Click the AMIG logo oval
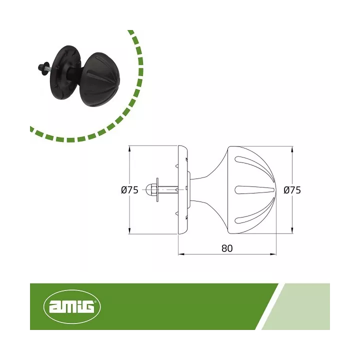pos(72,306)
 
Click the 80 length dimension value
pos(227,248)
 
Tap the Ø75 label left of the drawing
pos(129,190)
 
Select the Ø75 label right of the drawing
pos(292,190)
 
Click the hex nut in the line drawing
pos(149,189)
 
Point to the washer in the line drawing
pos(157,189)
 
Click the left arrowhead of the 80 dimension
pos(181,254)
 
